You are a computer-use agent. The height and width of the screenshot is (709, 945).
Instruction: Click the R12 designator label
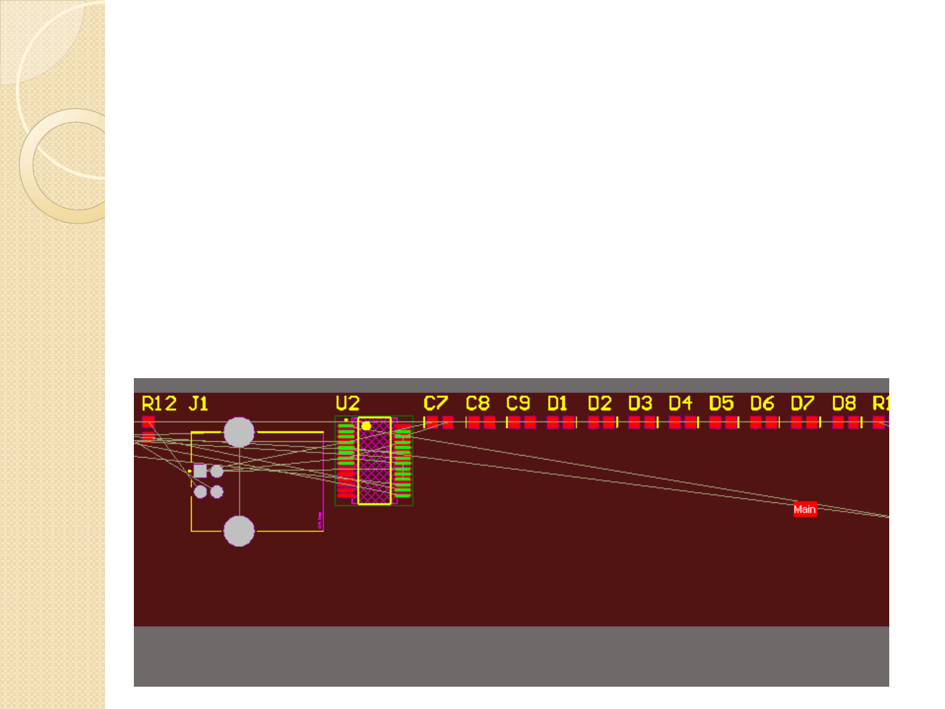pyautogui.click(x=159, y=403)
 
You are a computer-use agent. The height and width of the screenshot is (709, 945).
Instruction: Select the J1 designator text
pyautogui.click(x=198, y=403)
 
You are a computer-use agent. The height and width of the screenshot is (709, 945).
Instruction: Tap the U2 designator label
pyautogui.click(x=348, y=403)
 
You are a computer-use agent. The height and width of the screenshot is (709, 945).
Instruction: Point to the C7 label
pyautogui.click(x=436, y=403)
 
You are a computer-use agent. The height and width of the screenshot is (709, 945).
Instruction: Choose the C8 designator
pyautogui.click(x=478, y=403)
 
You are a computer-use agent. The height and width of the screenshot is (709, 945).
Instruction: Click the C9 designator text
pyautogui.click(x=518, y=403)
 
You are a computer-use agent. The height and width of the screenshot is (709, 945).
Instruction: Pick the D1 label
pyautogui.click(x=557, y=403)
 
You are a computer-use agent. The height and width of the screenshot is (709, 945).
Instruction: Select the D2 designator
pyautogui.click(x=600, y=403)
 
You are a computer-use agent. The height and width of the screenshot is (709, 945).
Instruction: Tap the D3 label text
pyautogui.click(x=640, y=403)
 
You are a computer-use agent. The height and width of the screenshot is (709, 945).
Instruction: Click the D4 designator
pyautogui.click(x=681, y=403)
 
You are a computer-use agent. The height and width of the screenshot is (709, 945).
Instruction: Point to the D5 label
pyautogui.click(x=721, y=403)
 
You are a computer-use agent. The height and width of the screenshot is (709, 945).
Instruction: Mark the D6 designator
pyautogui.click(x=763, y=403)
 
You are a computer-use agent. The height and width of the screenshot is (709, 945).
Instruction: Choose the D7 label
pyautogui.click(x=803, y=403)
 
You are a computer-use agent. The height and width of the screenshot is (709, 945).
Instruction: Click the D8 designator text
pyautogui.click(x=844, y=403)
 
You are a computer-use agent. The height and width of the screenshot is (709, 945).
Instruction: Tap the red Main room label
pyautogui.click(x=805, y=509)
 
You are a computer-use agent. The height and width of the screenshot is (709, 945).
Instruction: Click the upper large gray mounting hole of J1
pyautogui.click(x=239, y=432)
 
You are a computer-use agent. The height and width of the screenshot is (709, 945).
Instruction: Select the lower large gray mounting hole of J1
pyautogui.click(x=239, y=531)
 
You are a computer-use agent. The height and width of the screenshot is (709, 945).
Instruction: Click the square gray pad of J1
pyautogui.click(x=200, y=471)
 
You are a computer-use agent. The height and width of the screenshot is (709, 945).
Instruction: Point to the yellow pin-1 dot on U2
pyautogui.click(x=366, y=426)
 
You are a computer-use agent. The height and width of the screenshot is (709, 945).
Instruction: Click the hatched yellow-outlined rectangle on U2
pyautogui.click(x=375, y=466)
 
